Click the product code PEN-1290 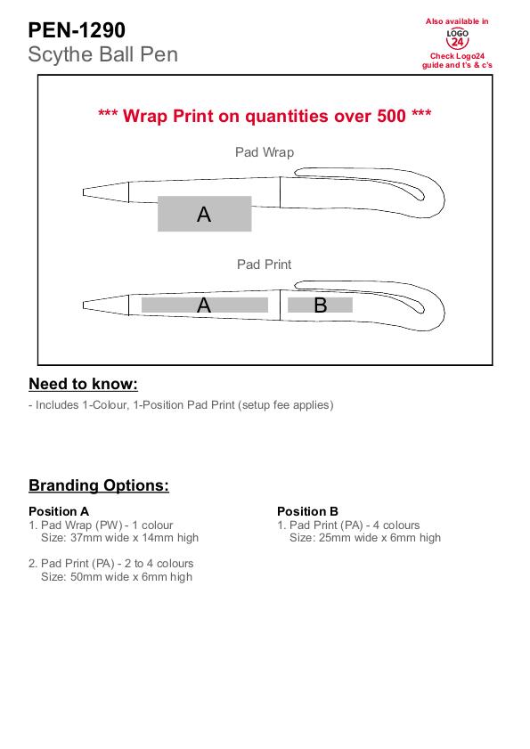pos(77,30)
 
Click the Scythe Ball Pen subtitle pos(102,54)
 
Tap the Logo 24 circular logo pos(457,38)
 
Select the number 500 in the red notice pos(391,116)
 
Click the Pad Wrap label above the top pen pos(265,152)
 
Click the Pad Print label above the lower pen pos(265,265)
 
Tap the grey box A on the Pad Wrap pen pos(205,214)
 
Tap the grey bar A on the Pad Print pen pos(205,305)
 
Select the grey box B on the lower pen pos(320,305)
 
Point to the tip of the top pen pos(83,192)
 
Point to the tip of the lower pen pos(83,305)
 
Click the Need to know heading pos(83,384)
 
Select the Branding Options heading pos(99,485)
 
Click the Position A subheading pos(59,511)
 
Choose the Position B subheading pos(308,511)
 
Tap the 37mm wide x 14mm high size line pos(119,538)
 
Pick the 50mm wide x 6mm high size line pos(117,577)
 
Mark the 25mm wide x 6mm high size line pos(365,538)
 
